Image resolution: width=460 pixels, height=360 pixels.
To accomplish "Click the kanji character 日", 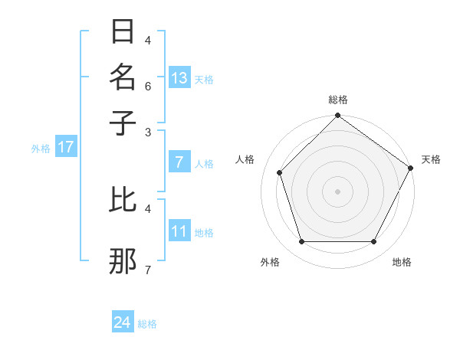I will tap(123, 32).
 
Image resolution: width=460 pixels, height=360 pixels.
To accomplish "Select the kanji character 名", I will tap(123, 77).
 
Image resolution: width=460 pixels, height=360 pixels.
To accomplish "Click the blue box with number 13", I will tap(179, 78).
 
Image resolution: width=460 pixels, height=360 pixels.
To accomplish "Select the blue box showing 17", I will tap(65, 147).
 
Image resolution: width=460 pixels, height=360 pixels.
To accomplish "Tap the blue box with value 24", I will tap(123, 322).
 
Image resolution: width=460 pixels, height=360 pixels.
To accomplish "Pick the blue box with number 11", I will tap(179, 231).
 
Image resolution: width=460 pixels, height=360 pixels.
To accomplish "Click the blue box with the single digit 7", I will tap(179, 162).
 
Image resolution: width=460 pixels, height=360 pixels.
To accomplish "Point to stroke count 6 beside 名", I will tap(148, 86).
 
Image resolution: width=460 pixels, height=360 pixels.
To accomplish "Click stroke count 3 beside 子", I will tap(148, 131).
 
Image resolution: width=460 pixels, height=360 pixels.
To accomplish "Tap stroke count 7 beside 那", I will tap(147, 270).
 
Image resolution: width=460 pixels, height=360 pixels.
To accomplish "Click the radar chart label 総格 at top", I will tap(337, 100).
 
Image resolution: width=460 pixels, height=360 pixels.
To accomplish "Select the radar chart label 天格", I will tap(431, 159).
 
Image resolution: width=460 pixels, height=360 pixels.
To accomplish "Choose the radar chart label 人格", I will tap(245, 159).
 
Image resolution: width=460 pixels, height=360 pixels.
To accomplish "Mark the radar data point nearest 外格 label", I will tap(301, 242).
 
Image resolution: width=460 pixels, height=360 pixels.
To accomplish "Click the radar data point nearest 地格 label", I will tap(374, 242).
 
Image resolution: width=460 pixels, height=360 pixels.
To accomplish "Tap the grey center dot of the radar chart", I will tap(337, 191).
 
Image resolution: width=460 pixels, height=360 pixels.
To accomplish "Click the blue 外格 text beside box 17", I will tap(41, 149).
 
